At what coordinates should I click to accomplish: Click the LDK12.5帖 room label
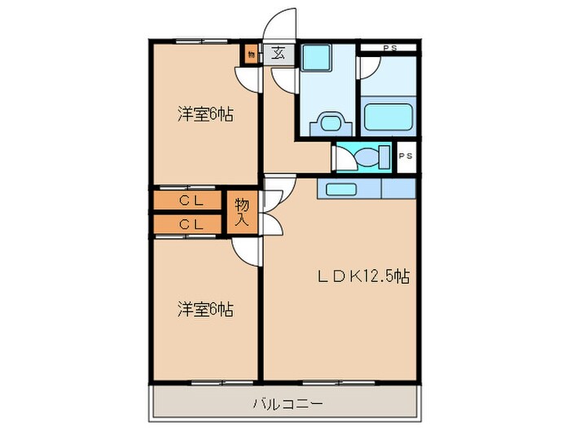click(x=362, y=276)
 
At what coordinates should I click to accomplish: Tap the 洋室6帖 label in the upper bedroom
click(x=206, y=115)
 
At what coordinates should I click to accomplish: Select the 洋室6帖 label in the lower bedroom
click(x=206, y=309)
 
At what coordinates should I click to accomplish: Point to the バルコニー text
click(x=287, y=404)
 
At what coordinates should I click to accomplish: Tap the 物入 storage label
click(x=242, y=211)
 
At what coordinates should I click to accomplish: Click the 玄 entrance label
click(x=278, y=55)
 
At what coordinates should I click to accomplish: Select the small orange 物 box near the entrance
click(x=250, y=55)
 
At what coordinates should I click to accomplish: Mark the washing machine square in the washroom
click(x=316, y=58)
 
